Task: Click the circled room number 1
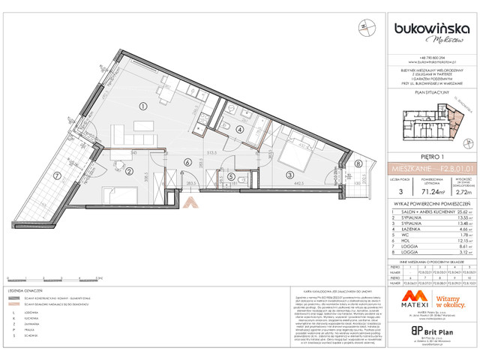pos(142,106)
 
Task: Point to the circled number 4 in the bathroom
pos(239,129)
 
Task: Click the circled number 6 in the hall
pos(187,162)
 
